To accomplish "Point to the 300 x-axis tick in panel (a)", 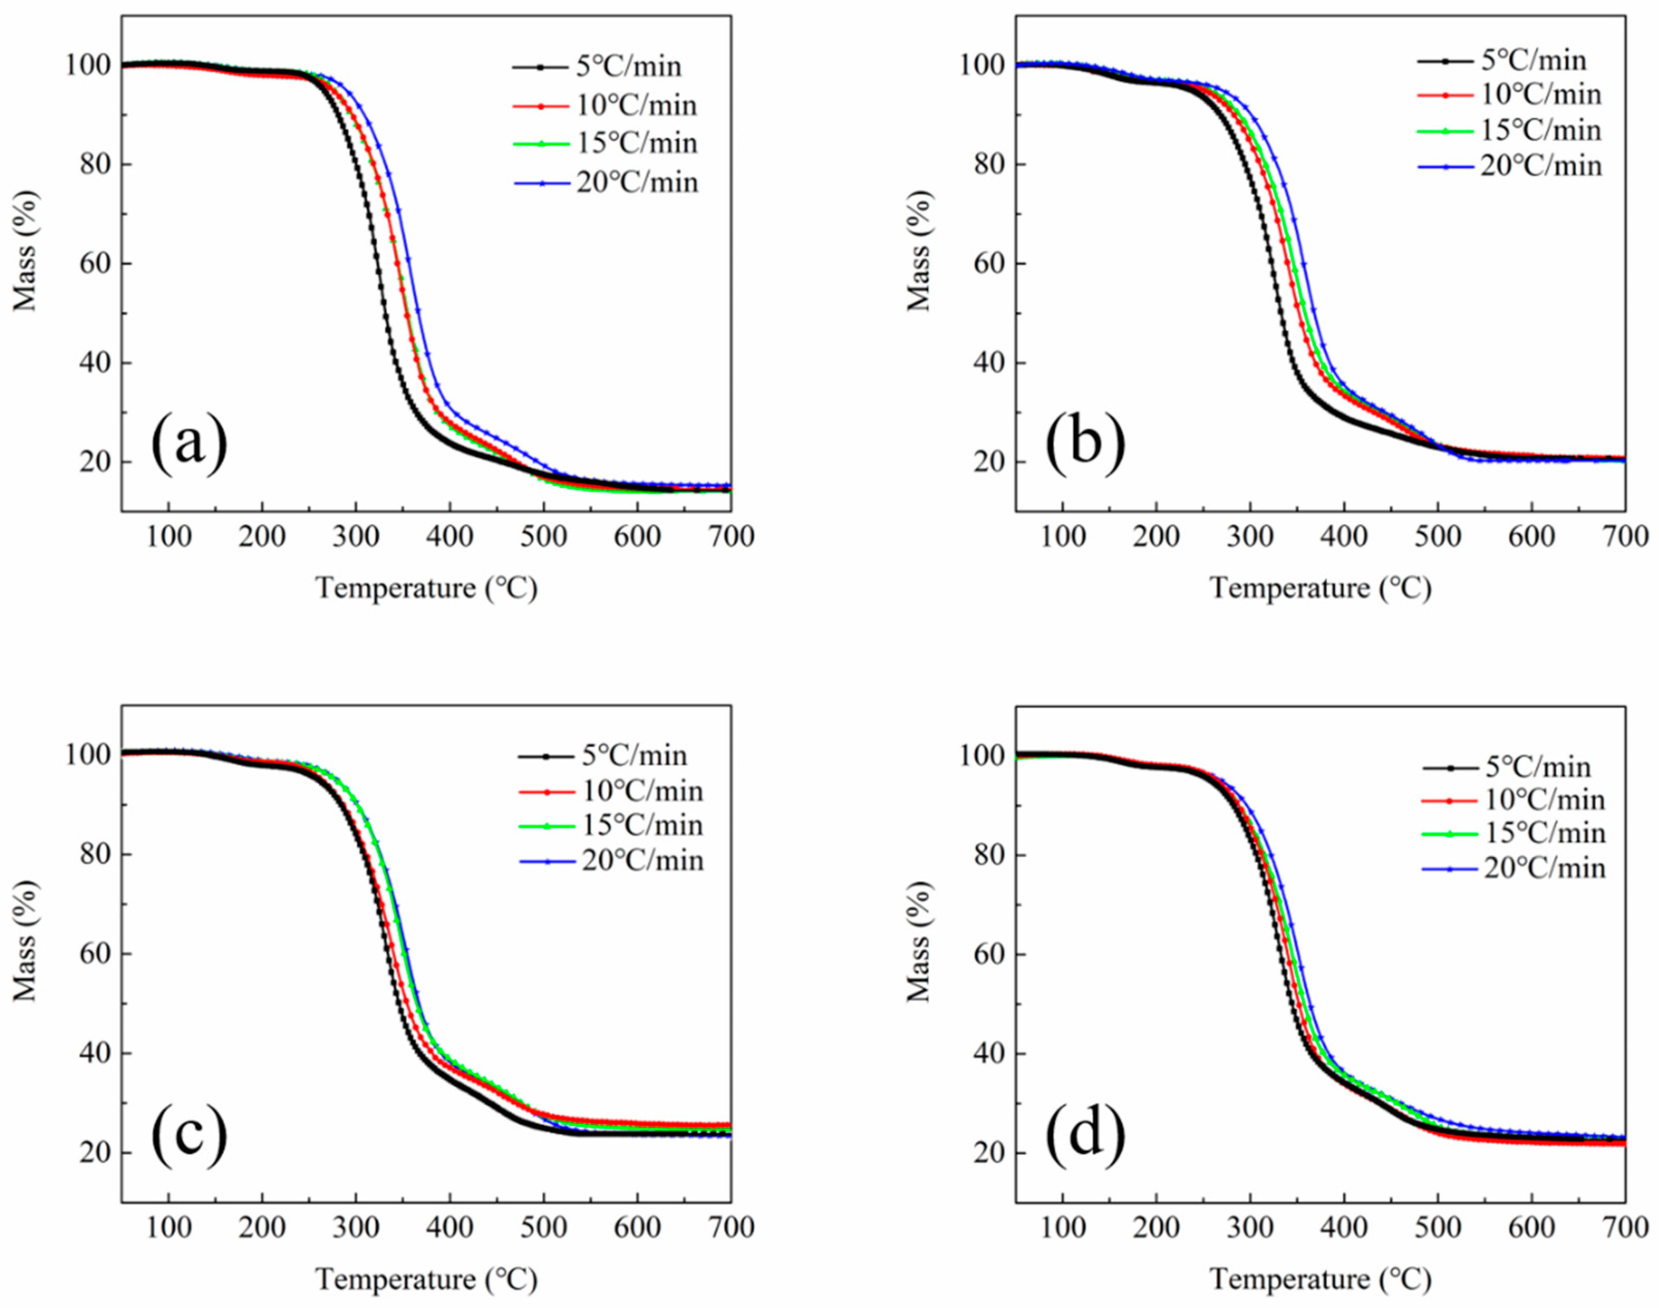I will tap(356, 537).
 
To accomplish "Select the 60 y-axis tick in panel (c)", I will tap(95, 954).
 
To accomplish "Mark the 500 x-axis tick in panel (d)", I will tap(1438, 1227).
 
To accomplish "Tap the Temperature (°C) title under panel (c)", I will tap(426, 1279).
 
